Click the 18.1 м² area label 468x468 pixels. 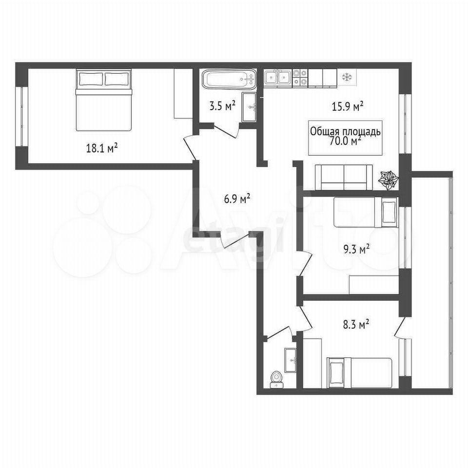point(101,148)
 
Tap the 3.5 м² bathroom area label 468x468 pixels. point(222,106)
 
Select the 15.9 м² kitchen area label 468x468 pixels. point(348,106)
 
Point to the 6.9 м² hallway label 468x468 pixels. point(237,198)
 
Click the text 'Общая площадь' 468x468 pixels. point(345,131)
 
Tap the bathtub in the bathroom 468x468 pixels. point(229,79)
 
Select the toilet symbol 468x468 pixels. point(276,380)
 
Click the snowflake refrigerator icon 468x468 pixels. point(347,78)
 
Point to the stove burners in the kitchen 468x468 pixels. point(300,78)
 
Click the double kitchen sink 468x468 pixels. point(278,78)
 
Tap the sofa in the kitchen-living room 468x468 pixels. point(344,177)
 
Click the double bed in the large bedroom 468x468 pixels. point(103,100)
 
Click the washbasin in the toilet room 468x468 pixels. point(291,360)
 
